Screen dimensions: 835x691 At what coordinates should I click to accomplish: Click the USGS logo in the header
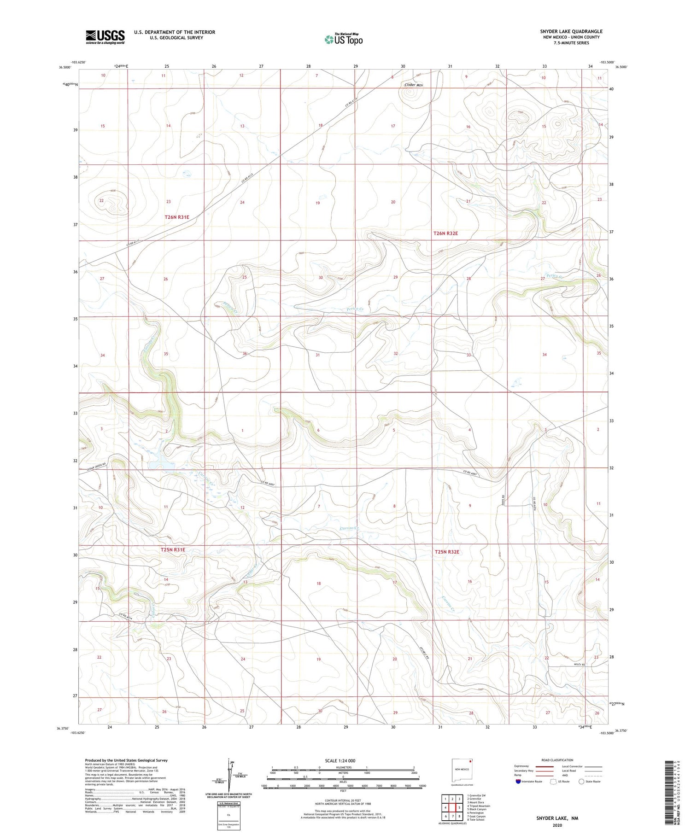(105, 37)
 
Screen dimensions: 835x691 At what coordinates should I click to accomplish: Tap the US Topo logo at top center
(344, 39)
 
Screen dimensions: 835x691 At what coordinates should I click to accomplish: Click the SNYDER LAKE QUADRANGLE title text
(571, 31)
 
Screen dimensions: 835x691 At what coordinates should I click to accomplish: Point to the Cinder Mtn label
(413, 85)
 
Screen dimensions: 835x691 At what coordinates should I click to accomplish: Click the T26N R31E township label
(177, 217)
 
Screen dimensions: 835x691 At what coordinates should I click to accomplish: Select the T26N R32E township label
(445, 234)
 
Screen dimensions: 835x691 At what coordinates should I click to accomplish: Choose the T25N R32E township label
(447, 552)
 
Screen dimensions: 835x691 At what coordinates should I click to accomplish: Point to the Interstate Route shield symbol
(518, 782)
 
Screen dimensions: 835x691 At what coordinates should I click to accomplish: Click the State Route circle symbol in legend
(581, 782)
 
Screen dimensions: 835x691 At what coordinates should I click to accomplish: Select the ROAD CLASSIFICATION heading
(557, 760)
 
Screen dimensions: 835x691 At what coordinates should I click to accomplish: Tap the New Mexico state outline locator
(462, 769)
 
